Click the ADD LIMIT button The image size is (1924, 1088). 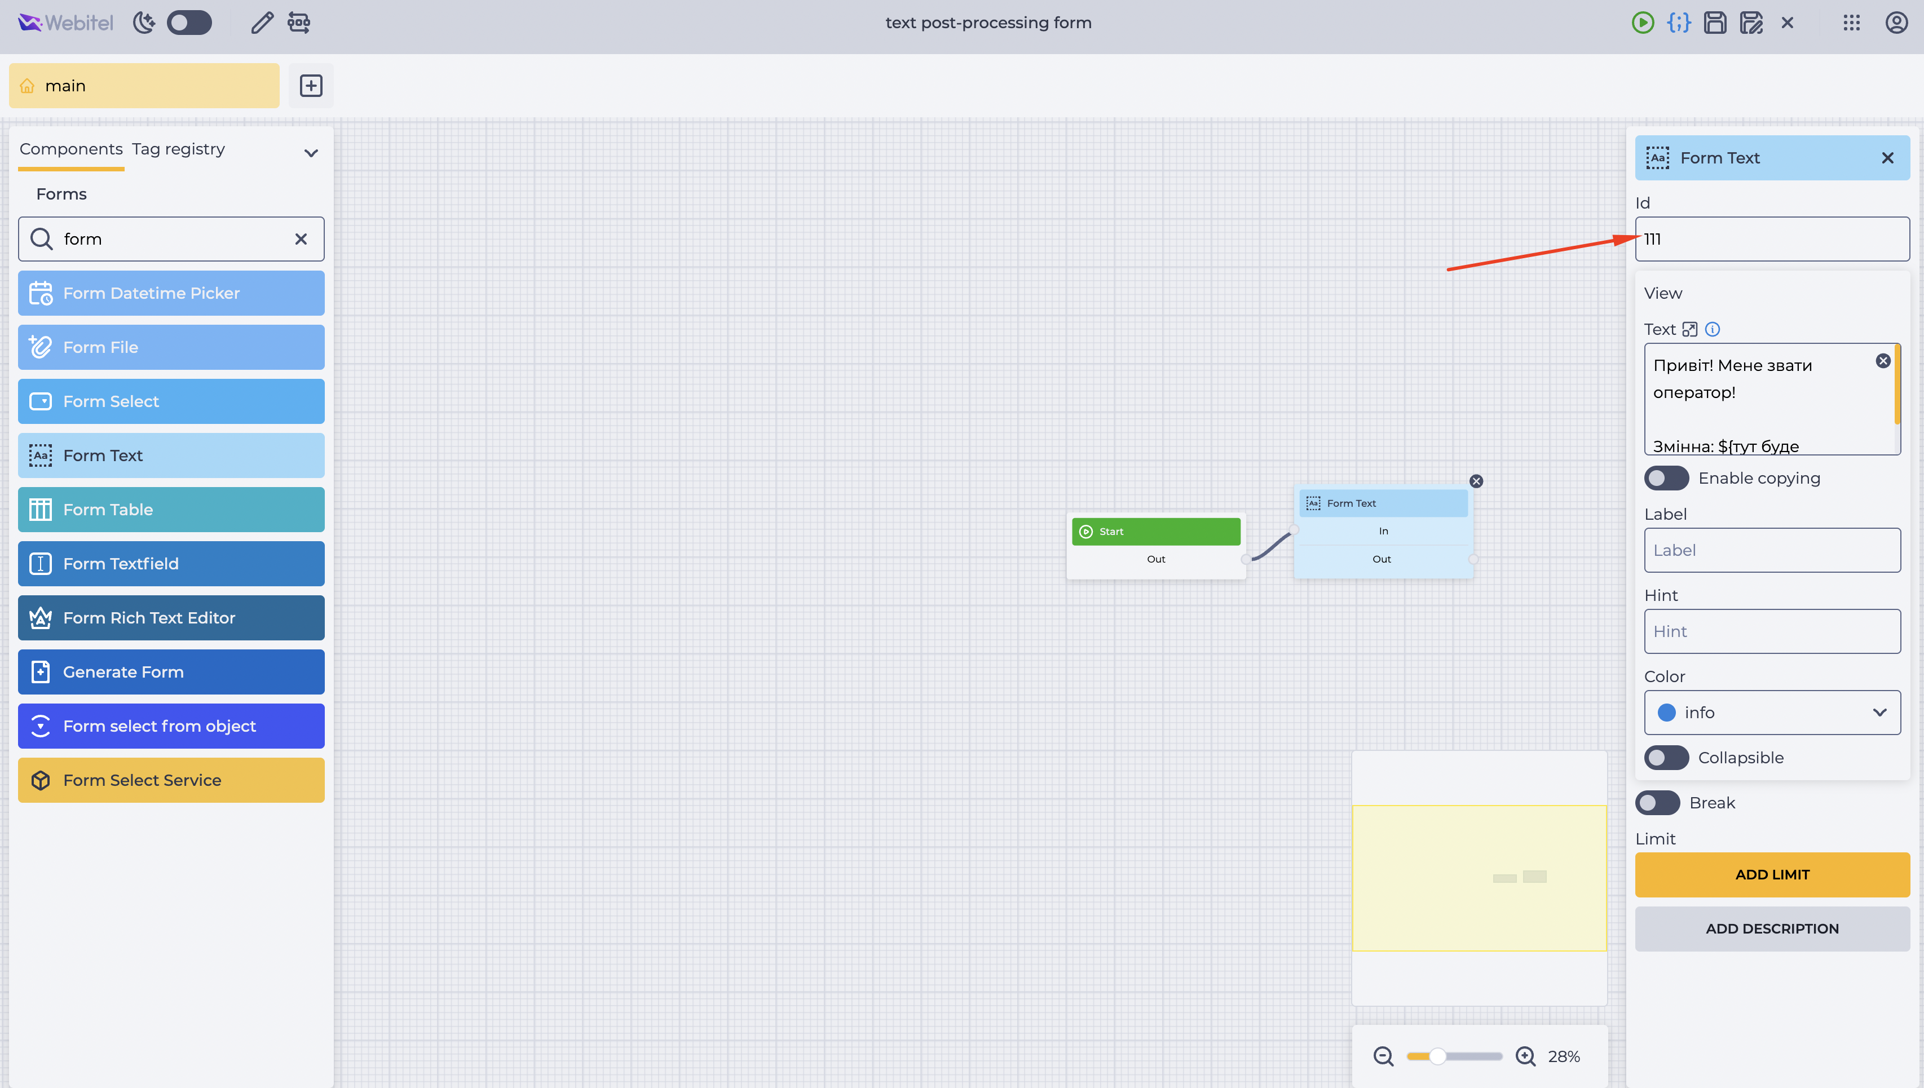point(1772,874)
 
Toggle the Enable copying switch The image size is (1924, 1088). point(1666,478)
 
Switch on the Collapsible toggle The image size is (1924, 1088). point(1666,758)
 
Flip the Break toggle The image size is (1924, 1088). point(1657,803)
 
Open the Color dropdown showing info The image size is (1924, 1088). point(1772,712)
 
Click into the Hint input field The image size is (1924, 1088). point(1772,631)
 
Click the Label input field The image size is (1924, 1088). point(1772,550)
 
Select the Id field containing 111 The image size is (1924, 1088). point(1772,239)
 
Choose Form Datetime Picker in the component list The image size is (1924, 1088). point(171,293)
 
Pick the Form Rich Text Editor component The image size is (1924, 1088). point(171,618)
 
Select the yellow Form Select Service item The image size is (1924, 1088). point(171,780)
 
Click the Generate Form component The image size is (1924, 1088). point(171,672)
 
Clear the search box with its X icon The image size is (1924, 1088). point(301,239)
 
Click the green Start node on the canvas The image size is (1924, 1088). point(1155,531)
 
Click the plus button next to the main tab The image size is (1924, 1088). point(311,86)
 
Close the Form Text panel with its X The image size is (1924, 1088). point(1887,158)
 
